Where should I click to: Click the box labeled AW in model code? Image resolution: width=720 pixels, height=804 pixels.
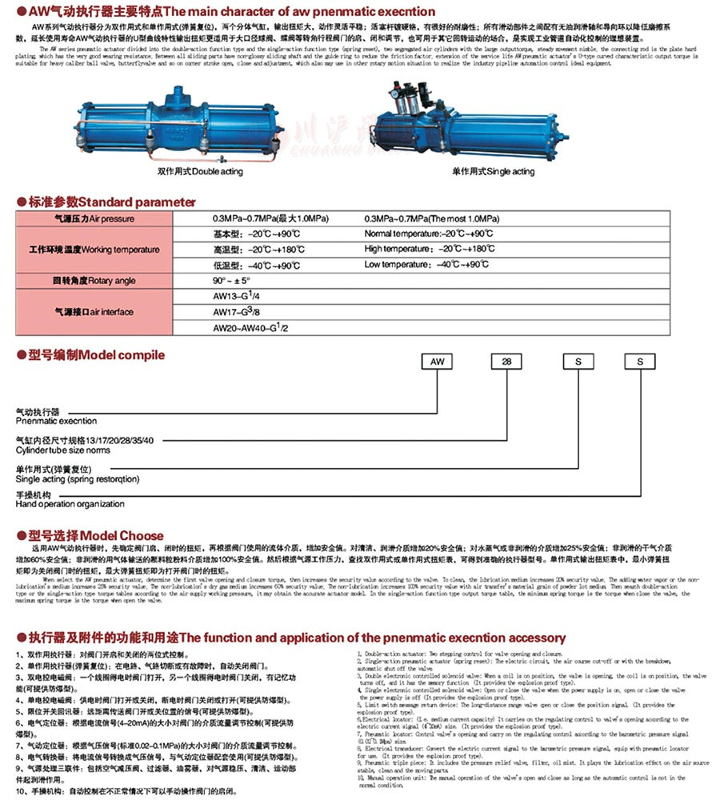[438, 362]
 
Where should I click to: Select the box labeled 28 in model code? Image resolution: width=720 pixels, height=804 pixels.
[506, 362]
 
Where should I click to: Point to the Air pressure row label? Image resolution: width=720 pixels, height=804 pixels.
[94, 219]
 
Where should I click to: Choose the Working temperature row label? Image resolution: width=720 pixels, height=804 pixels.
[94, 250]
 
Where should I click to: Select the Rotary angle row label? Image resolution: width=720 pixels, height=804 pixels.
[94, 281]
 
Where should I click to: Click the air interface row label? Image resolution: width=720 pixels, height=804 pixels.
[94, 311]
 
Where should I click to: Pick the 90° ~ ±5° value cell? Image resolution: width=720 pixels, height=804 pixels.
[232, 281]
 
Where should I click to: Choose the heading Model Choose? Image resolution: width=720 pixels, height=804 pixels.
[96, 535]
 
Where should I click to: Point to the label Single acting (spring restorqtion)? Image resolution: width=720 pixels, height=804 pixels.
[78, 478]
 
